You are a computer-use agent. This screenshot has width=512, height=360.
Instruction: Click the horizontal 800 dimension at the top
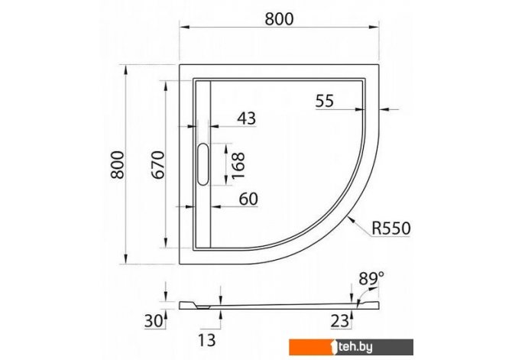pos(279,19)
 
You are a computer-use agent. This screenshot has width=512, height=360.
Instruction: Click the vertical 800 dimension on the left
pos(118,164)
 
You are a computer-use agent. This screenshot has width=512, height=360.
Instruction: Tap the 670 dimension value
pos(159,164)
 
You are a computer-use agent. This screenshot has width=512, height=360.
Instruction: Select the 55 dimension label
pos(325,101)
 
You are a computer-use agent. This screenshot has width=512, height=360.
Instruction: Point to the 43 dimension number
pos(247,118)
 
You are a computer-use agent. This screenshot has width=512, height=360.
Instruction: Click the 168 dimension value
pos(238,165)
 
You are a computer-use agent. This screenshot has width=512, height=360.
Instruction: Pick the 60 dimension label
pos(248,199)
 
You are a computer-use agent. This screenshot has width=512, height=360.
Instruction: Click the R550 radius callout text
pos(391,229)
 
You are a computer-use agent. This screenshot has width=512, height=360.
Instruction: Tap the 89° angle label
pos(371,279)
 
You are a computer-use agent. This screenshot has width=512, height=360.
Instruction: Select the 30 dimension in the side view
pos(154,321)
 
